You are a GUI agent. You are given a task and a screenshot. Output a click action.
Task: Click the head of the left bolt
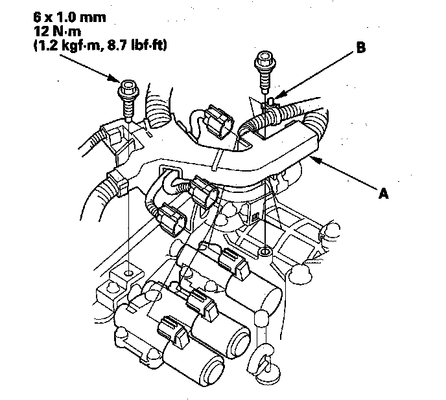pos(128,87)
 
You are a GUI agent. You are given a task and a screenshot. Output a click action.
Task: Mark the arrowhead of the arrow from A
pos(313,157)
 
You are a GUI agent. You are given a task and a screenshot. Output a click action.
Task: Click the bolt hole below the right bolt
pos(264,249)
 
